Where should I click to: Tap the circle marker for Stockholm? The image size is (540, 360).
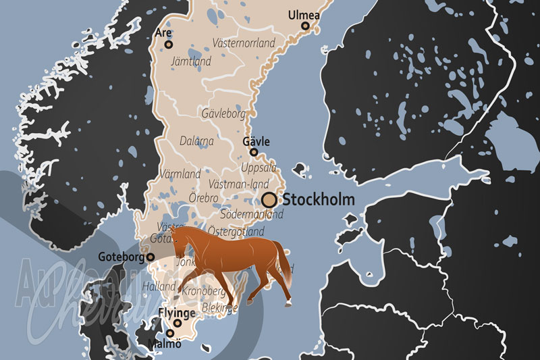(269, 199)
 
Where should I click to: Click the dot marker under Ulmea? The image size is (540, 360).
(305, 26)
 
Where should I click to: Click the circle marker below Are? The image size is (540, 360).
(169, 45)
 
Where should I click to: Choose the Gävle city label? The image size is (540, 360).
(256, 141)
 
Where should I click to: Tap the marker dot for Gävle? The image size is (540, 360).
(254, 152)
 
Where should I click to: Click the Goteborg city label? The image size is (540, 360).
(122, 257)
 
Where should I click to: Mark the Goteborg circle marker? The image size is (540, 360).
(151, 257)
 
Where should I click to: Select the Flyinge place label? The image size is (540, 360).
(177, 313)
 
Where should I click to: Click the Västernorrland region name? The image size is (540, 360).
(244, 43)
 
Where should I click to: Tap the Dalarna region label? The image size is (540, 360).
(196, 141)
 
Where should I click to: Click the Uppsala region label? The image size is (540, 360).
(259, 167)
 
